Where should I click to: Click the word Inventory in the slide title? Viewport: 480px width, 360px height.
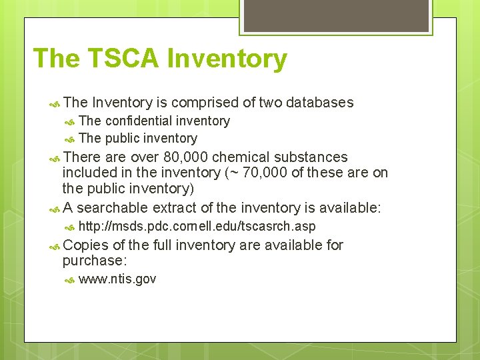(x=227, y=59)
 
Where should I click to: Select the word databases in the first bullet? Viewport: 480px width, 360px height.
(x=319, y=103)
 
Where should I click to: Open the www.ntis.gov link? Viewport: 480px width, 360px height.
(x=117, y=279)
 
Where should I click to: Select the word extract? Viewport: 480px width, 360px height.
(x=179, y=208)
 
